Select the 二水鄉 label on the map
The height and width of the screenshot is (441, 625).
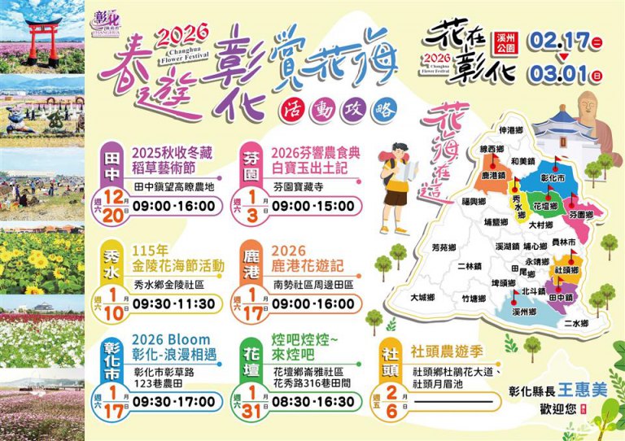pos(575,323)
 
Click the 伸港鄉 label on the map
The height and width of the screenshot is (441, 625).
pos(511,130)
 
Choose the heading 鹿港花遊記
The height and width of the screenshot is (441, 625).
pos(311,266)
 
